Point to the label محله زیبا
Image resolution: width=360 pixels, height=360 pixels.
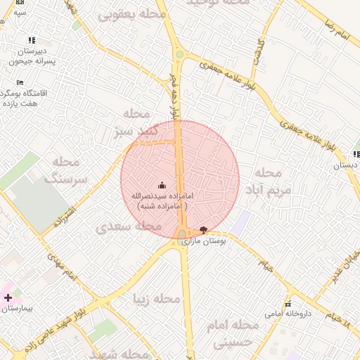coord(157,300)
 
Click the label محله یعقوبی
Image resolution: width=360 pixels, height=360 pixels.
coord(131,13)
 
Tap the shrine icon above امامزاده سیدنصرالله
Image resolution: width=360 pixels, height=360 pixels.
coord(163,186)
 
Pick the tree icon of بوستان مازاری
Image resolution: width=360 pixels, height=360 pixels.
coord(204,229)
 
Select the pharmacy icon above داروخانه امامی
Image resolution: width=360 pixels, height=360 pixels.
coord(288,304)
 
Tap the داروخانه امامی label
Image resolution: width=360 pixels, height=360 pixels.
coord(288,313)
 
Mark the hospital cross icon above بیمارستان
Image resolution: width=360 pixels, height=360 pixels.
coord(8,297)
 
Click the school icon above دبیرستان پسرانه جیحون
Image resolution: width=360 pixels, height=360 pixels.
coord(31,41)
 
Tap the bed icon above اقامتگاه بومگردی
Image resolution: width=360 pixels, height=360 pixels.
coord(20,83)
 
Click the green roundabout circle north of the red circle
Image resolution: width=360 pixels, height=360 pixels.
coord(179,54)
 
